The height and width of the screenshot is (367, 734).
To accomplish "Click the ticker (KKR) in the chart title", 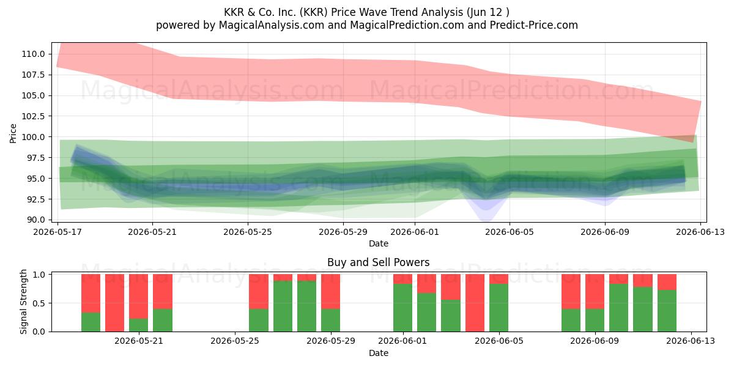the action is (314, 12).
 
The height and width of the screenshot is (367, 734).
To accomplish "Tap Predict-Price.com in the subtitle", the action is (534, 25).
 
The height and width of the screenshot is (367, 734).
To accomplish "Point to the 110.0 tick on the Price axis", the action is (33, 54).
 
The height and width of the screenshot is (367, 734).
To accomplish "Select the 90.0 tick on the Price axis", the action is (35, 220).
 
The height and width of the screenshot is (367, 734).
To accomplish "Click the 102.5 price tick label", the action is (33, 116).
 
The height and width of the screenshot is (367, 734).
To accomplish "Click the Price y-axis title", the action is (13, 133).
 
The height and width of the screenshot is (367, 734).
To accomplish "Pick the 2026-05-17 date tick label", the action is (57, 232).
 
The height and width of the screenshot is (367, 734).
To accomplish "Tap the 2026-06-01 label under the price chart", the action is (415, 232).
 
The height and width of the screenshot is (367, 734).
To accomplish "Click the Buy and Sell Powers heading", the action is (379, 262).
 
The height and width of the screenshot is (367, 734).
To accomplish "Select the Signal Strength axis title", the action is (23, 302).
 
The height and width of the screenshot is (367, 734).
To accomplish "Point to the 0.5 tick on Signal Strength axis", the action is (39, 303).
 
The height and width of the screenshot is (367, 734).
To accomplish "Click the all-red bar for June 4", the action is (475, 303).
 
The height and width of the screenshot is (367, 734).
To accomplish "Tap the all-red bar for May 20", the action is (115, 303).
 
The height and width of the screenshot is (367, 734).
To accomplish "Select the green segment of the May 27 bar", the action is (283, 306).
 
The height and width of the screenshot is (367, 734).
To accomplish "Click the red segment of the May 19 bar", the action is (91, 293).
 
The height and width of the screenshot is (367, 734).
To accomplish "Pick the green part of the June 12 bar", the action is (667, 311).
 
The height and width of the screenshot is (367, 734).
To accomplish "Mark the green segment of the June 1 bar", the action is (402, 308).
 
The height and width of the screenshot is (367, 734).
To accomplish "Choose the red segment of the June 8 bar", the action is (595, 292).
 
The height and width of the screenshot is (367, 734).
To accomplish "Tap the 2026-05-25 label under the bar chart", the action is (235, 341).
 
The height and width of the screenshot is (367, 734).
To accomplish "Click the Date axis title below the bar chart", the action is (379, 354).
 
